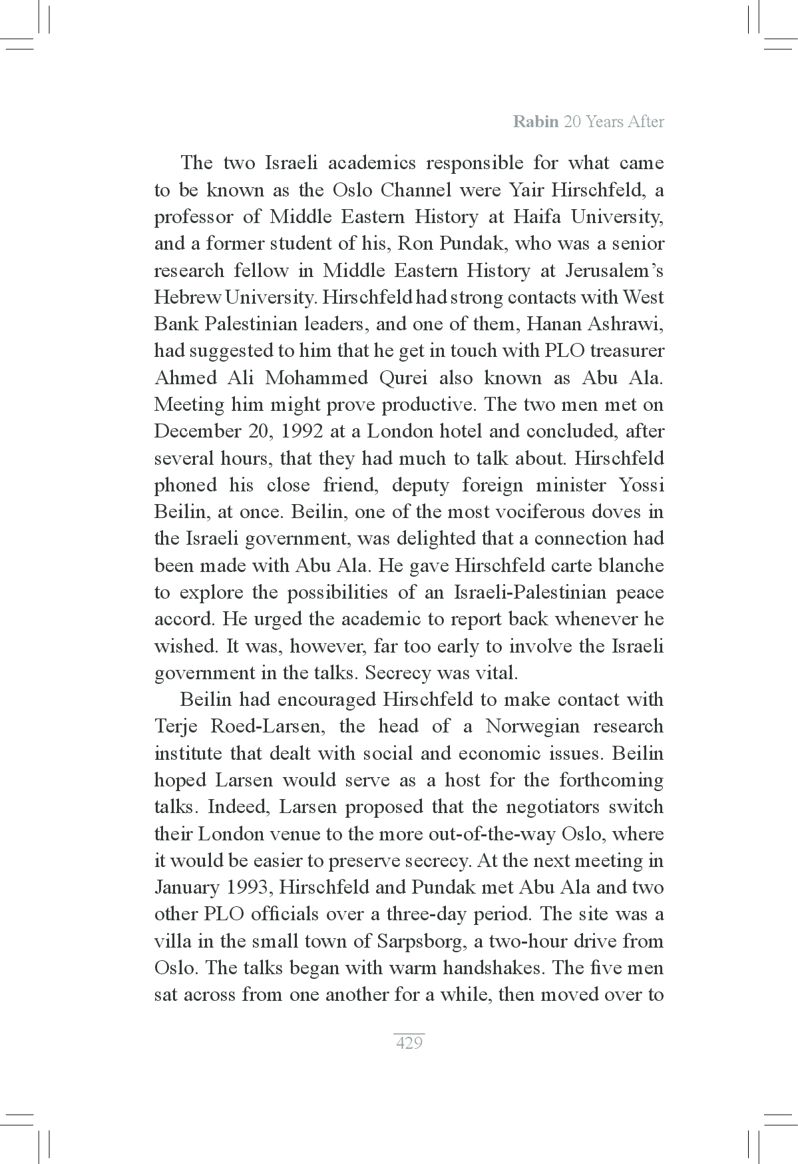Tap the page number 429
point(409,1043)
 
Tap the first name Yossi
point(640,485)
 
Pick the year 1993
point(249,888)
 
